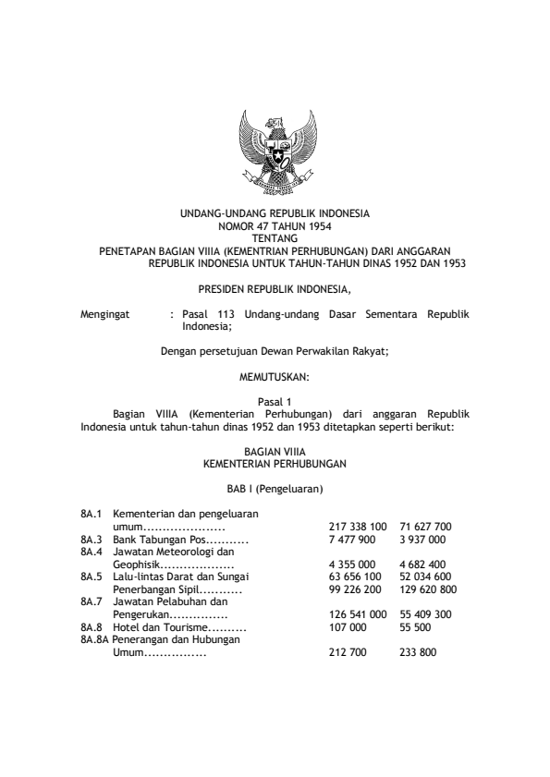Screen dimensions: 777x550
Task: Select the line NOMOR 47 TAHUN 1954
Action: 275,225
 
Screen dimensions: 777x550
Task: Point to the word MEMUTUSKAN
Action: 275,376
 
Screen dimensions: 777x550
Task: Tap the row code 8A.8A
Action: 95,638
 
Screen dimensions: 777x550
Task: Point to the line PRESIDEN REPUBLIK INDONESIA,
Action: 275,288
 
